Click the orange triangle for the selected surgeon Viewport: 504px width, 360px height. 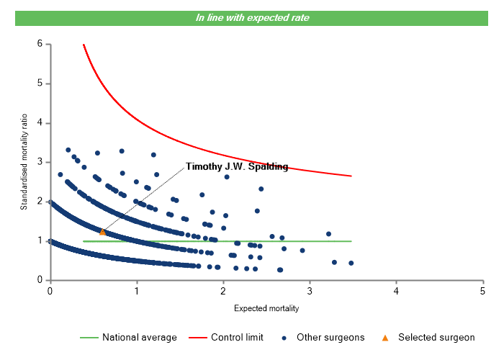click(x=102, y=232)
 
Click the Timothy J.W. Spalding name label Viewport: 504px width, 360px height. click(x=237, y=167)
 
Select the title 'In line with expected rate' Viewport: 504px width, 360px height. click(x=252, y=17)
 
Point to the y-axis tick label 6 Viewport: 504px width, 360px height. click(x=40, y=44)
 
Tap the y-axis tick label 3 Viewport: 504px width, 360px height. click(x=40, y=162)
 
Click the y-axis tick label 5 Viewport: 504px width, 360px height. click(x=40, y=84)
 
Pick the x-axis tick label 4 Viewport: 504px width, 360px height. click(x=396, y=291)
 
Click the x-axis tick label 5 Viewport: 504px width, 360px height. click(x=482, y=291)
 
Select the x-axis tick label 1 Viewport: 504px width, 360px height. click(x=136, y=291)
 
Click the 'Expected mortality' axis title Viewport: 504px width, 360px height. click(x=266, y=309)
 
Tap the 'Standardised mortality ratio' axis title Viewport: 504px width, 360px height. click(x=24, y=162)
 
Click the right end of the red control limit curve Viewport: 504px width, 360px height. click(x=351, y=176)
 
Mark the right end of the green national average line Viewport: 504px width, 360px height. click(x=351, y=241)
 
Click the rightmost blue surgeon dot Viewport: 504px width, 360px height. click(x=351, y=263)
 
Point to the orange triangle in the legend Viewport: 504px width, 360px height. click(x=385, y=337)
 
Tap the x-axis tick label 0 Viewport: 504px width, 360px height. click(x=50, y=291)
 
